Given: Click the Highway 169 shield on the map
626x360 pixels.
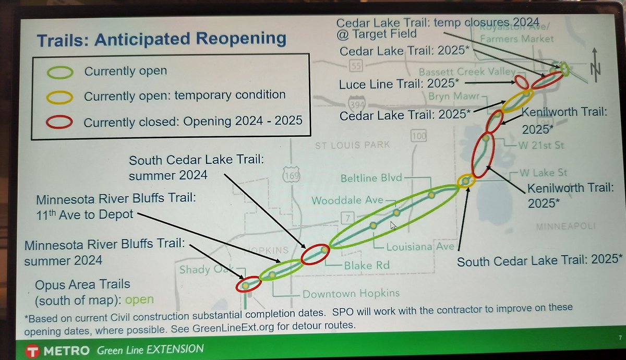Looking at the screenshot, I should tap(291, 176).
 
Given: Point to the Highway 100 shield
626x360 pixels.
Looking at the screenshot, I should tap(418, 136).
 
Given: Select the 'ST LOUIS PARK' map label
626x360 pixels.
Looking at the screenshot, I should tap(352, 145).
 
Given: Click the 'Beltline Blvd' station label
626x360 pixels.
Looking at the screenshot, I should tap(371, 178).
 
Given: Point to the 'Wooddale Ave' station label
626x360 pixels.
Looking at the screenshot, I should tap(347, 200).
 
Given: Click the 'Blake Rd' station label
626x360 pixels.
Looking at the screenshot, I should tap(366, 265).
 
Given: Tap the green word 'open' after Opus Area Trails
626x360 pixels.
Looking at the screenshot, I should tap(139, 299).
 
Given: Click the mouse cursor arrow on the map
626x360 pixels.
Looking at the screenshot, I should tap(394, 225).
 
